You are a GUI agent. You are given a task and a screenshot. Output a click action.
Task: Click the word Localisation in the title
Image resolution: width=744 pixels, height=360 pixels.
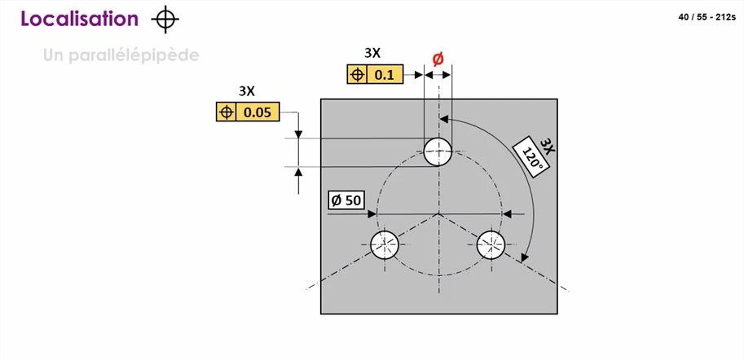click(x=80, y=19)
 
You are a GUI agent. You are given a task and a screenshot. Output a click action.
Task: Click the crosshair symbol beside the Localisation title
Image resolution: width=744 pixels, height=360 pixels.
click(x=165, y=20)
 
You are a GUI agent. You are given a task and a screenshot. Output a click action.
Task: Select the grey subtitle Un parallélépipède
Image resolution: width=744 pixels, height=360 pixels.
click(x=121, y=55)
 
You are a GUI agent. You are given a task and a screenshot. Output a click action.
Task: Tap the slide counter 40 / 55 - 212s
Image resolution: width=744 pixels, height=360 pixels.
click(x=707, y=18)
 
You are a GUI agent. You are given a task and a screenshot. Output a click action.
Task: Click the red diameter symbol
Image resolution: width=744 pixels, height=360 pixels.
click(x=438, y=59)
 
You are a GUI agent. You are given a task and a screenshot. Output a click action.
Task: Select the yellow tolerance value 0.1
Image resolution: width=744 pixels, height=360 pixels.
click(x=385, y=75)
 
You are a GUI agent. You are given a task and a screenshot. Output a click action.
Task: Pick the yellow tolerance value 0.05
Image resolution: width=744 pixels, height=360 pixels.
click(x=258, y=112)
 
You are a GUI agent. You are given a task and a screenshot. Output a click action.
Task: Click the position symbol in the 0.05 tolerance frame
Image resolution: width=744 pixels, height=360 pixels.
click(x=227, y=112)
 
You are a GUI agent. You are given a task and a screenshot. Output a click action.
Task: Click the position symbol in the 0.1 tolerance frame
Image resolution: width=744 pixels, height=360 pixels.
click(x=357, y=75)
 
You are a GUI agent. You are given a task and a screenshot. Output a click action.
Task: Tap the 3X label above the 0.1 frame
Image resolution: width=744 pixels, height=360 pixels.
click(x=372, y=54)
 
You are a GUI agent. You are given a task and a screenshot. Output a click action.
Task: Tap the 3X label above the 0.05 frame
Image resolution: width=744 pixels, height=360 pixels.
click(x=246, y=91)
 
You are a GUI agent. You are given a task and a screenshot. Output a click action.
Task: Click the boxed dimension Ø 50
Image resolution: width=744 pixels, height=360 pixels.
click(x=346, y=200)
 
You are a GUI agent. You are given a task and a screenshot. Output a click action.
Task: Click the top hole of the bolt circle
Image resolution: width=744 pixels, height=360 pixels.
click(x=438, y=151)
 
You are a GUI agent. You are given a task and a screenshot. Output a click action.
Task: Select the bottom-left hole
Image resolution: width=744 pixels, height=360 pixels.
click(x=385, y=244)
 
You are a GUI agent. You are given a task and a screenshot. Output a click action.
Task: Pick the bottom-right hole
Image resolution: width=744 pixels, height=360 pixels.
click(x=491, y=244)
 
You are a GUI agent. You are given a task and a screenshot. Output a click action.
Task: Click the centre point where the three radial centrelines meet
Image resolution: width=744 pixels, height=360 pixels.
click(x=439, y=214)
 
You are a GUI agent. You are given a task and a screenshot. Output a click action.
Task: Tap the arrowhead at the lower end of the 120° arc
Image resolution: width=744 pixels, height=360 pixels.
click(x=524, y=257)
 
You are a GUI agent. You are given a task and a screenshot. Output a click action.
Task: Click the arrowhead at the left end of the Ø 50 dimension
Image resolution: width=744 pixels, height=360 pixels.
click(x=372, y=214)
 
